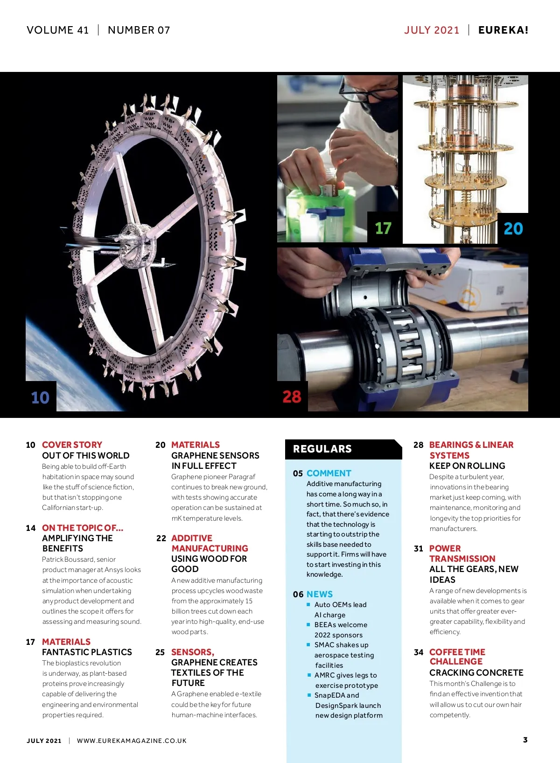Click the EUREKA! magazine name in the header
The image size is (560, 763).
click(503, 30)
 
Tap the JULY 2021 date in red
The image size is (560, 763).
click(432, 30)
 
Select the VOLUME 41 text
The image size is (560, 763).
click(57, 30)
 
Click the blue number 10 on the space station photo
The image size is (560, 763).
click(40, 397)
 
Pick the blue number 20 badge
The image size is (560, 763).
click(513, 228)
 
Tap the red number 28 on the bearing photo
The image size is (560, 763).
click(292, 396)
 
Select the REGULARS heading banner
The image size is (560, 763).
click(343, 449)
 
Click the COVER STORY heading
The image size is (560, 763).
click(72, 445)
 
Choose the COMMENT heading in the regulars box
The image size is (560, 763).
click(329, 473)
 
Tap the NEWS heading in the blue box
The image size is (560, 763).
click(319, 594)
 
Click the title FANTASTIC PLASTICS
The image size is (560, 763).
click(87, 652)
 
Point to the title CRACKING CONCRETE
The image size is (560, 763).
click(476, 672)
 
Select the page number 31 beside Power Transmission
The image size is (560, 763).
click(419, 548)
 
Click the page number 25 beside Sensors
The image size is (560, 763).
click(160, 652)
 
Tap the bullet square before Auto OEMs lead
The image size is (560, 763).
click(308, 604)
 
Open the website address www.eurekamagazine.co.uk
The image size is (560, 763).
click(132, 741)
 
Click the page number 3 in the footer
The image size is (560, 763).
click(525, 740)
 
